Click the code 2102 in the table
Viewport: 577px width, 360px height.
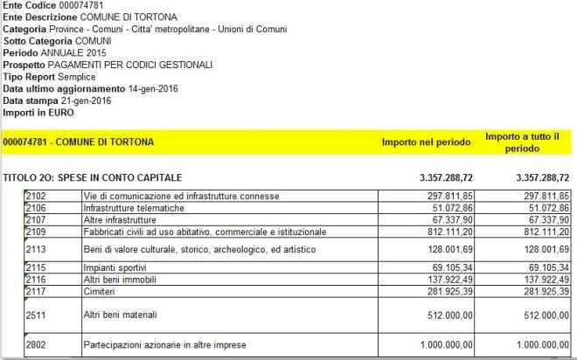click(x=37, y=194)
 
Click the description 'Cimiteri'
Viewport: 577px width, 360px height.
click(x=100, y=291)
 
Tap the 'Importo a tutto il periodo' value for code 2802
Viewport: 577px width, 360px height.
click(x=532, y=347)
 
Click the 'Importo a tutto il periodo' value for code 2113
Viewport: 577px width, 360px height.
click(x=534, y=249)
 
